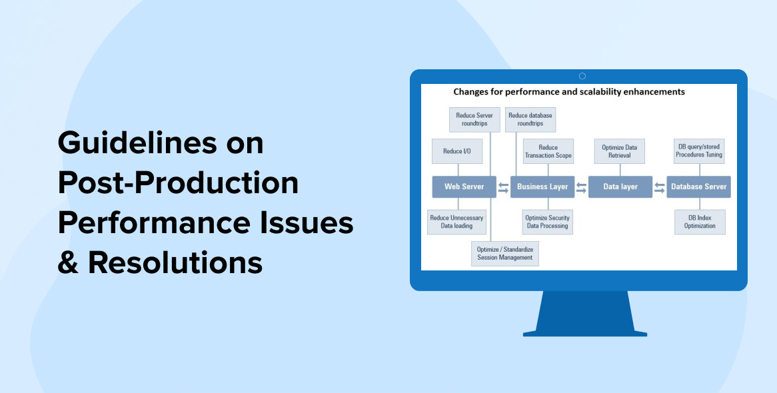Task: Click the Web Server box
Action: pos(464,187)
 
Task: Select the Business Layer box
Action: pos(542,187)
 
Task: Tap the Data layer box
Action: pos(620,187)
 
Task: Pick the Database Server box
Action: pos(699,187)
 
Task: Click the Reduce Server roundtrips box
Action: pos(474,119)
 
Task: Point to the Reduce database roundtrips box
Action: pos(530,119)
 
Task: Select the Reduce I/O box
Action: pos(457,151)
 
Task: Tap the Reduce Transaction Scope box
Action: pos(548,151)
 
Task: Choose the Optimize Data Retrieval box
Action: pos(620,151)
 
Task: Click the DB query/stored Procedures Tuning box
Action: pos(700,151)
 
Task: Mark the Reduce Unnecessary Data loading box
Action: pos(457,222)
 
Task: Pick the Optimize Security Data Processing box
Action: pos(548,222)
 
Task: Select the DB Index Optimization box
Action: pos(700,222)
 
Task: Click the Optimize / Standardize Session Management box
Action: pos(505,254)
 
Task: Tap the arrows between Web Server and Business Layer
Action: pos(504,187)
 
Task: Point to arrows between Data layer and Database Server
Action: pos(660,187)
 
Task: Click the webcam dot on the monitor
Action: pos(582,77)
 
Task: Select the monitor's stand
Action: pos(585,313)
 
